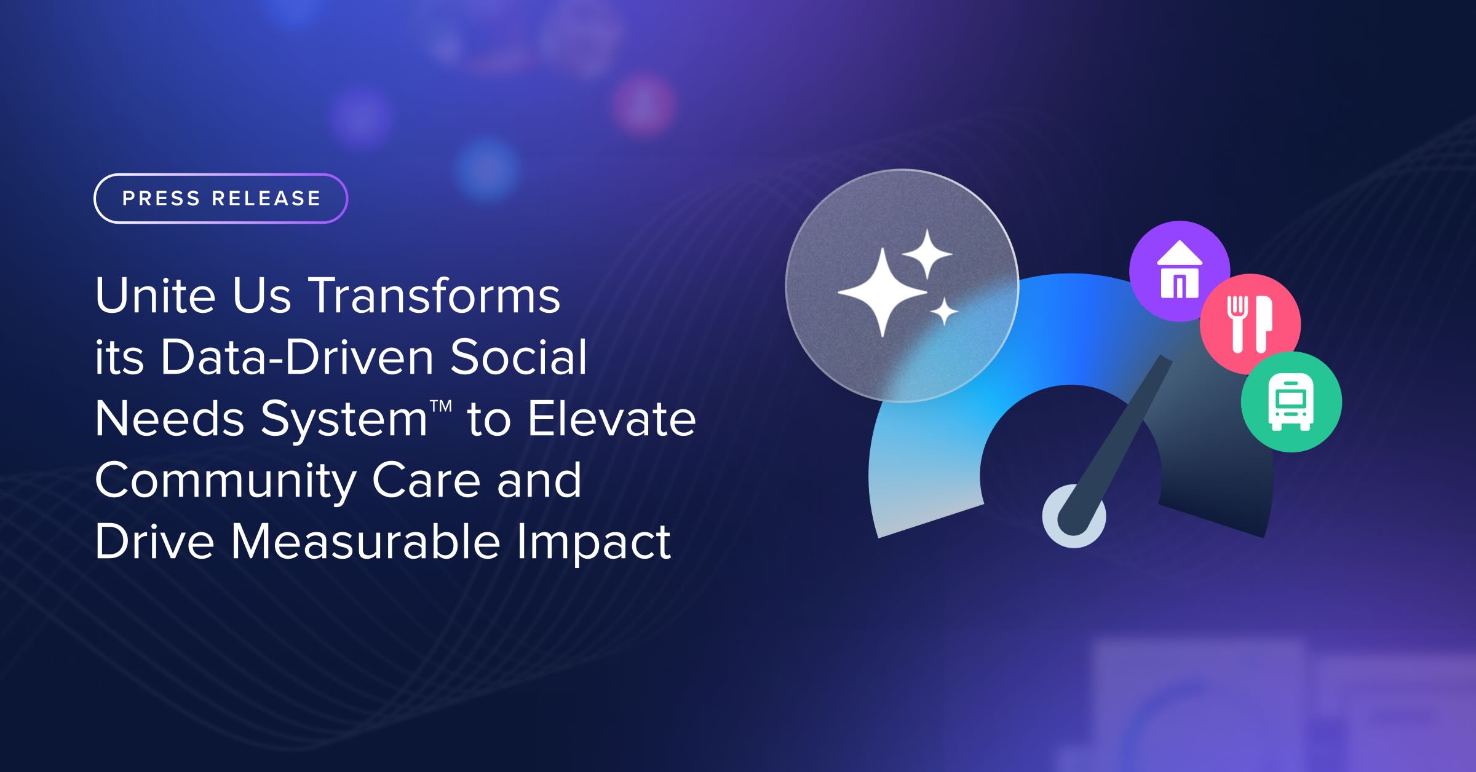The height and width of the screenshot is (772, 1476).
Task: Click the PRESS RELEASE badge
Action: pos(221,199)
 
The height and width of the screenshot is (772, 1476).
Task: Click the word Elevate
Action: pos(612,419)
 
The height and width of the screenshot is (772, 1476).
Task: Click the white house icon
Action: pos(1180,269)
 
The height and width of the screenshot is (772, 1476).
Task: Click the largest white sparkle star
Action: pos(883,292)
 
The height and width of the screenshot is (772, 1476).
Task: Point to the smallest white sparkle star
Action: pos(943,312)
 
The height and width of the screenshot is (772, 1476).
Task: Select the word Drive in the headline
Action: pos(154,542)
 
